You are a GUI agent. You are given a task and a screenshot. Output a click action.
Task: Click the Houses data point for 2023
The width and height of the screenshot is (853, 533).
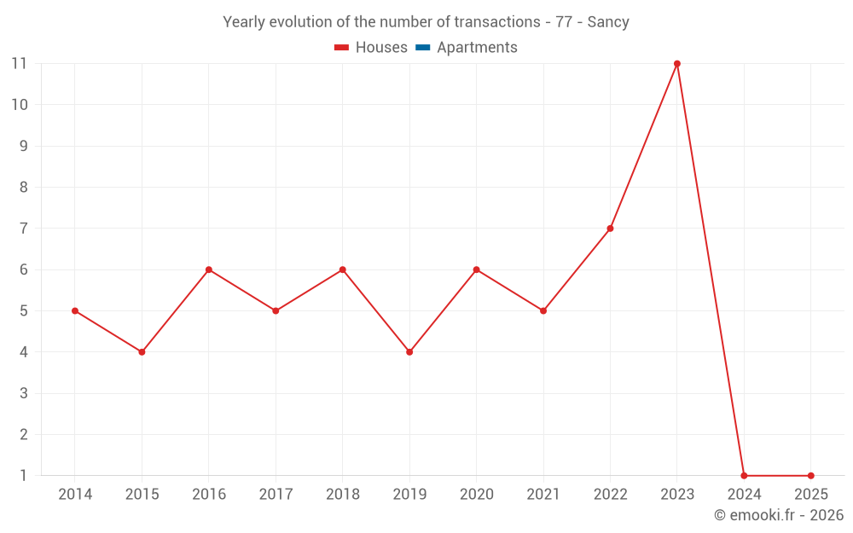click(677, 64)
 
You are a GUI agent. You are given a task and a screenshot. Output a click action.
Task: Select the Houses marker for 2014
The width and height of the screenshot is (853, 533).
click(75, 311)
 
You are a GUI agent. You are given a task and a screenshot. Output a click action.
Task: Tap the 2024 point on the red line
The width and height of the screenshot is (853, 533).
click(744, 476)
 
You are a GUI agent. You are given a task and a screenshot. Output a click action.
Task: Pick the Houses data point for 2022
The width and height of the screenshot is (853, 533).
click(610, 229)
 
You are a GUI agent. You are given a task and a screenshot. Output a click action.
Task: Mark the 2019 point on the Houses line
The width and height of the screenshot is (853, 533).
click(409, 352)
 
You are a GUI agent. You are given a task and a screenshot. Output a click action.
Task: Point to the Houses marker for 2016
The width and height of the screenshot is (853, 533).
click(209, 269)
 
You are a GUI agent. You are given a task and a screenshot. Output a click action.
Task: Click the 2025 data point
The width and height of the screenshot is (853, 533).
click(810, 476)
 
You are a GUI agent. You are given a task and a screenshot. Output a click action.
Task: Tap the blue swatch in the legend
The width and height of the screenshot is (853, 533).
click(423, 48)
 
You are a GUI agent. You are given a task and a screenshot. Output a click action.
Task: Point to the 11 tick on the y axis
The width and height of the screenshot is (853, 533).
click(19, 64)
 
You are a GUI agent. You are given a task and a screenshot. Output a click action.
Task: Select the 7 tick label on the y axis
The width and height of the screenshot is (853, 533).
click(23, 229)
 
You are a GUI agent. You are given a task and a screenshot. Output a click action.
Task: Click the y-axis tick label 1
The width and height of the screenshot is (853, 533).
click(23, 476)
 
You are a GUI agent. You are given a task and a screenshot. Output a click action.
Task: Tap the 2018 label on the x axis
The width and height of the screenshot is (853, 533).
click(342, 495)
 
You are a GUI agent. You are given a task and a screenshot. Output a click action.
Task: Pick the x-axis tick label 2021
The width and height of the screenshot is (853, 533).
click(543, 495)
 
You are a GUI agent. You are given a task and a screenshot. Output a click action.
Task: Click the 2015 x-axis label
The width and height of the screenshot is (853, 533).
click(142, 495)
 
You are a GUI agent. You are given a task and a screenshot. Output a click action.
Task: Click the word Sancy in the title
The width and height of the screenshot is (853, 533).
click(608, 22)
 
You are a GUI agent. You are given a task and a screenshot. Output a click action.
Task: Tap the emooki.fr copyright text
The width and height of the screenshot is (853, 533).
click(779, 515)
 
